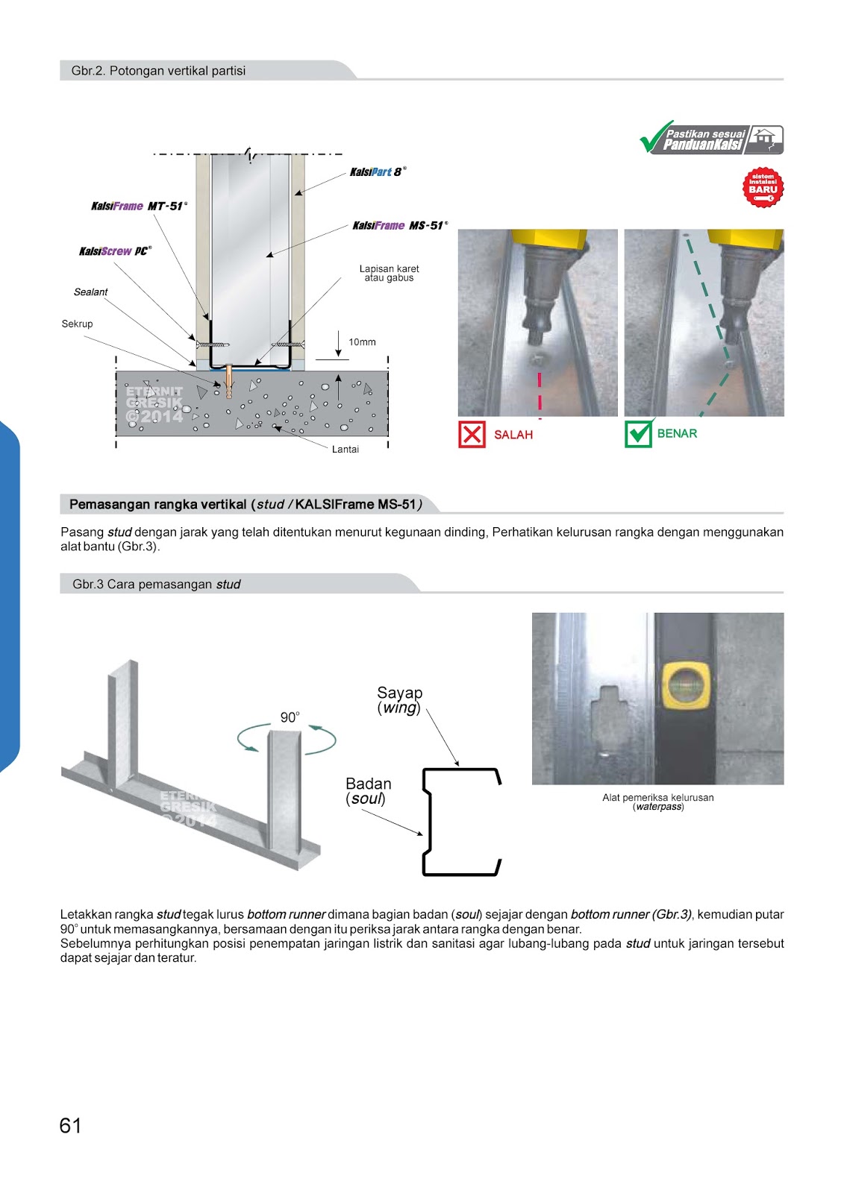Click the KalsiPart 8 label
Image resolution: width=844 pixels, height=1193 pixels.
(377, 172)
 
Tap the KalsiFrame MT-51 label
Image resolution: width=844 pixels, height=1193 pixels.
(138, 207)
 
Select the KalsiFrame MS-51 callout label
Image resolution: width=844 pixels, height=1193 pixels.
(398, 226)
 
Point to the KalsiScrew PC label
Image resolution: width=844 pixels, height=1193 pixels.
(114, 252)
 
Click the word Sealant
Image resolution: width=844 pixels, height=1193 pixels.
(90, 292)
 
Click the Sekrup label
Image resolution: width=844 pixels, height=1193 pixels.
(77, 324)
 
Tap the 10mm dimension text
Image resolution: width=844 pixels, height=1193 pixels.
(362, 342)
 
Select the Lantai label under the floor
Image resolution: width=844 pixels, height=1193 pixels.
(345, 450)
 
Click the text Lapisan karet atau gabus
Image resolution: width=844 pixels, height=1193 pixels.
(389, 274)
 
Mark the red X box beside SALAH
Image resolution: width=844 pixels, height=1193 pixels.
(472, 434)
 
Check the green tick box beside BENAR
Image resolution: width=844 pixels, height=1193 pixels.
(638, 434)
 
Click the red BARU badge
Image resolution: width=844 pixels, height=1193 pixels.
(763, 187)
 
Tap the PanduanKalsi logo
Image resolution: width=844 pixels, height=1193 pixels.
(711, 139)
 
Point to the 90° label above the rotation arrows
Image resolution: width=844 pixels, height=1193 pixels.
(290, 717)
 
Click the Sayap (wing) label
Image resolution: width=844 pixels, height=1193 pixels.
(399, 700)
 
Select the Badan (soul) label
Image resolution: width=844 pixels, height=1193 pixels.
(368, 791)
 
